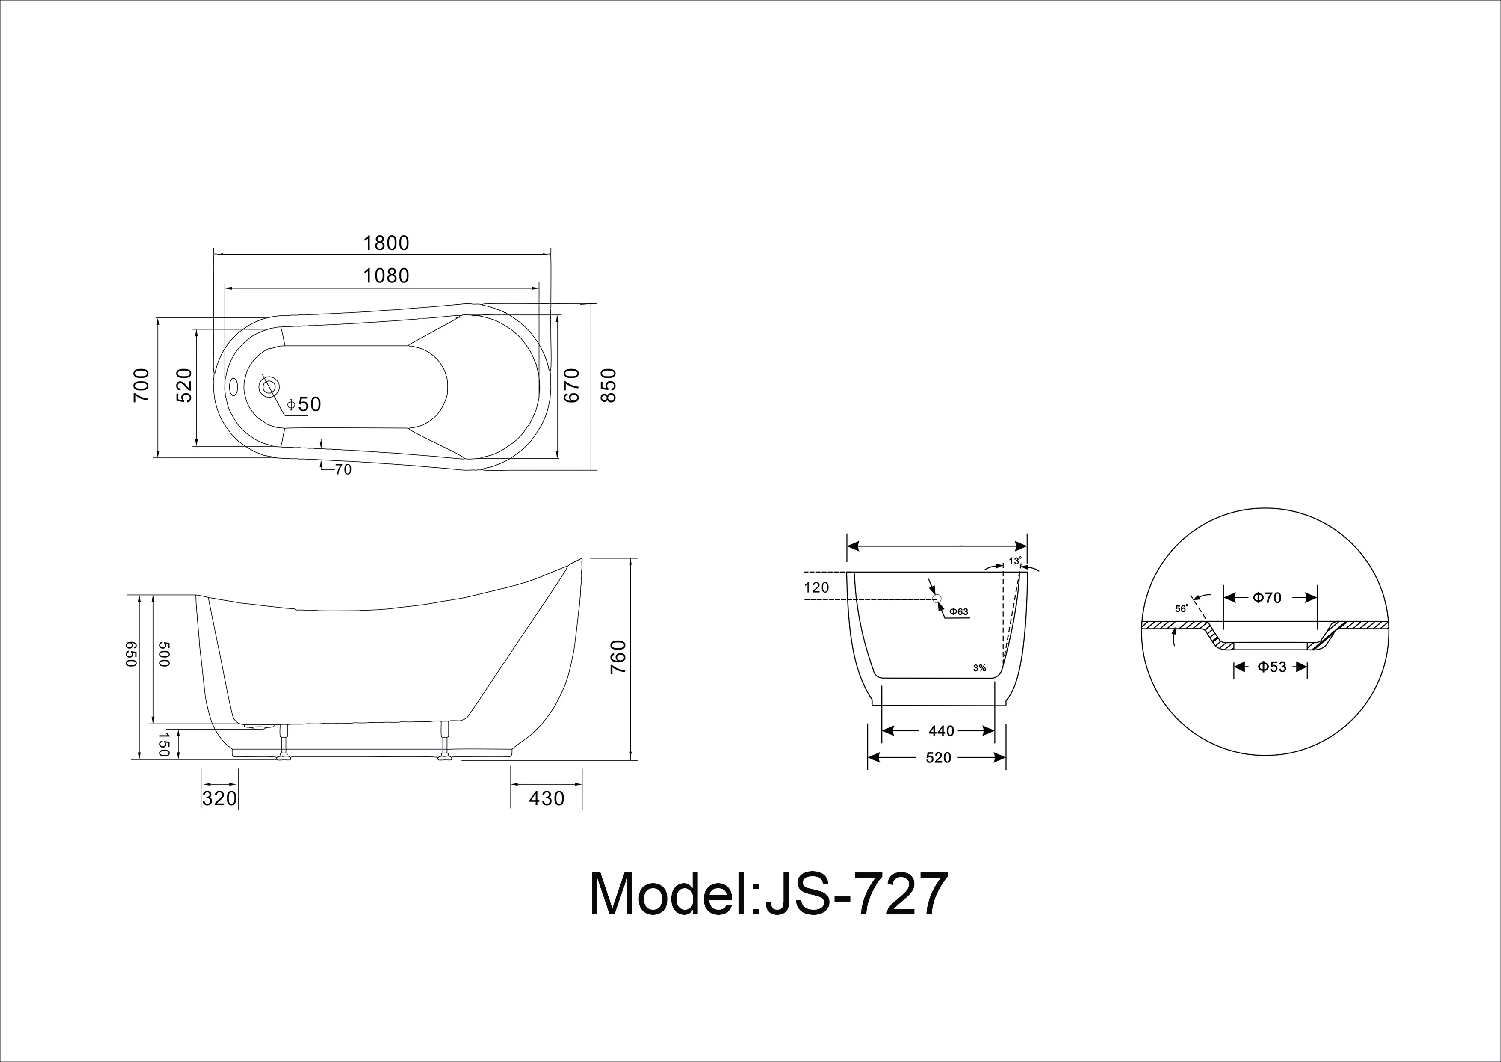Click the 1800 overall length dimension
tap(386, 243)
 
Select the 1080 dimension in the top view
tap(386, 276)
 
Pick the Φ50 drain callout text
tap(304, 405)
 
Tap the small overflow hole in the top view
tap(233, 386)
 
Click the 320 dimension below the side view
tap(219, 798)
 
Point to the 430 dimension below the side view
tap(546, 798)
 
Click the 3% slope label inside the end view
tap(979, 668)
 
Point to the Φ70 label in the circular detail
tap(1267, 598)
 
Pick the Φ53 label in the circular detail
tap(1271, 667)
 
